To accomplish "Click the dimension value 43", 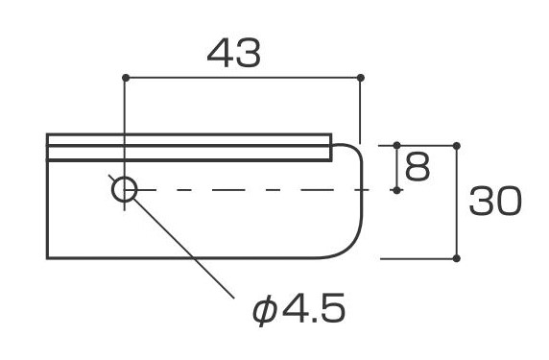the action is tap(234, 53).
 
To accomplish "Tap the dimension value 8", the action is tap(417, 167).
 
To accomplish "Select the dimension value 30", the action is tap(495, 201).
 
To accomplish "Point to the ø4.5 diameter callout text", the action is tap(298, 308).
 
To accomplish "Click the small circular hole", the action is tap(125, 189).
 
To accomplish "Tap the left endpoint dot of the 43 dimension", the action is tap(126, 78).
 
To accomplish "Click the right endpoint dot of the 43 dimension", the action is tap(360, 78).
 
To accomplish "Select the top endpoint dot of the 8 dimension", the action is tap(396, 145).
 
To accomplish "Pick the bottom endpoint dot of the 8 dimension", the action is tap(396, 190).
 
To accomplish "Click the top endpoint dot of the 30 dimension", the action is tap(456, 145).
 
